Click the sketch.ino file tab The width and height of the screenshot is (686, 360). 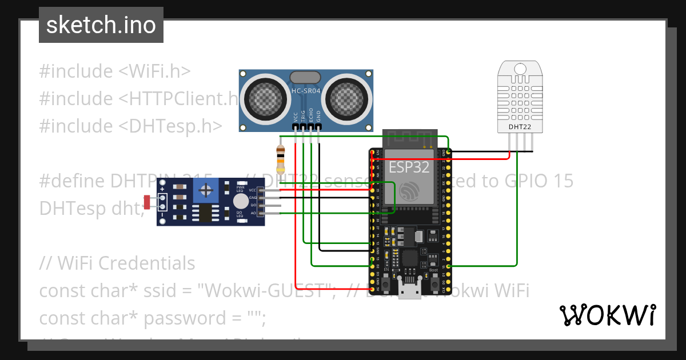pos(101,25)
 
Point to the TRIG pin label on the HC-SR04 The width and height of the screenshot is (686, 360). pos(303,115)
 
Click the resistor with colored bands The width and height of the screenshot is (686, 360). pos(280,159)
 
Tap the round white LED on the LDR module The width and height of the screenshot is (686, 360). pos(241,201)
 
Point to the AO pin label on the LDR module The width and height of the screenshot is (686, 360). pos(253,213)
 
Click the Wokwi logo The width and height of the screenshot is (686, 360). pos(607,315)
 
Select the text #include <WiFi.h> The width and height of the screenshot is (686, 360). pos(115,71)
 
